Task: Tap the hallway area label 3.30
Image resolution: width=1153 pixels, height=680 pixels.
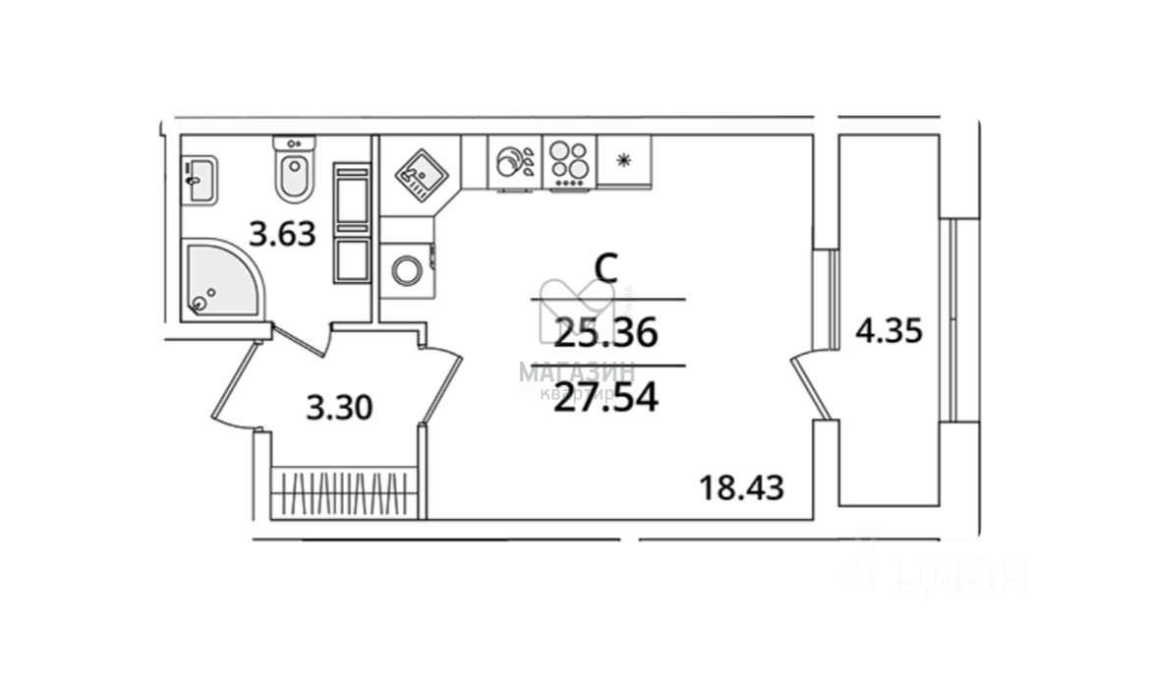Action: [x=339, y=407]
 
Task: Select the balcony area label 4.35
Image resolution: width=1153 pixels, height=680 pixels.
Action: [x=889, y=331]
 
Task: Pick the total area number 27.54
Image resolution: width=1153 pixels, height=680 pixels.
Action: [x=605, y=399]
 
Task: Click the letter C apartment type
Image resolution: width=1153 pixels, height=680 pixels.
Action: [x=606, y=268]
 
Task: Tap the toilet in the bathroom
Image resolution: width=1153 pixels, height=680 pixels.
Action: [x=294, y=171]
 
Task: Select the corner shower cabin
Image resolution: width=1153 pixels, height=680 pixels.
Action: [x=219, y=279]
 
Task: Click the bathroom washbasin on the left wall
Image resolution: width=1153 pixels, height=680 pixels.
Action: [x=200, y=181]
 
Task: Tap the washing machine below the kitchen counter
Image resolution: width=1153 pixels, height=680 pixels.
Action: [x=406, y=270]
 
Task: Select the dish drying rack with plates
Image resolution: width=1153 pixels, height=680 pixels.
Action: [x=515, y=162]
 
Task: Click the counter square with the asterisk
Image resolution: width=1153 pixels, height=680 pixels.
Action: [x=623, y=161]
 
